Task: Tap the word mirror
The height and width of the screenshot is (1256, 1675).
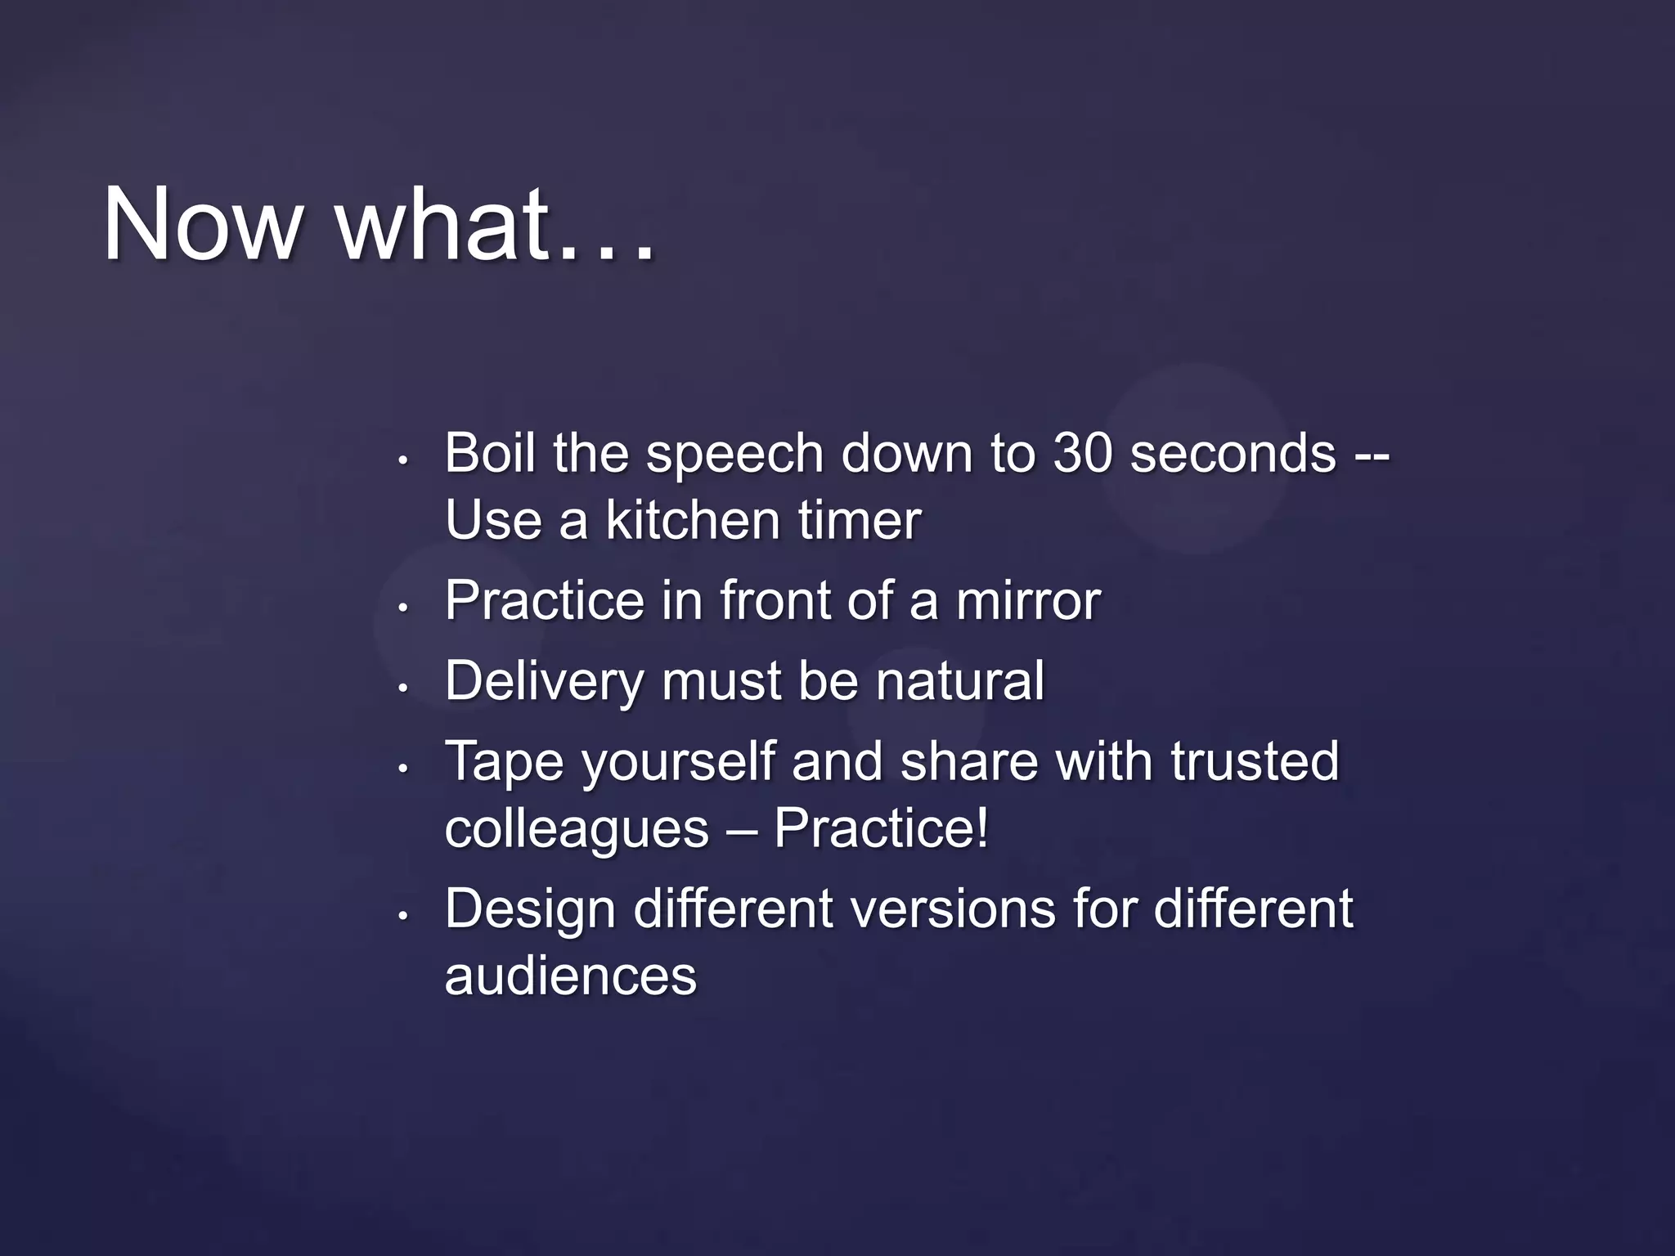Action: (1028, 601)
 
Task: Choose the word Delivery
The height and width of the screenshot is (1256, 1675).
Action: (543, 681)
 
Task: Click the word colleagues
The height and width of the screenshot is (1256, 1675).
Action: (577, 829)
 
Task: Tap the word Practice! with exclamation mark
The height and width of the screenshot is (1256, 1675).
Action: (881, 828)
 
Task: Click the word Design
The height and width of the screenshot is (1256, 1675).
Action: (529, 909)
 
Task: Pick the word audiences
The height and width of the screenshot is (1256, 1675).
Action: (570, 976)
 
